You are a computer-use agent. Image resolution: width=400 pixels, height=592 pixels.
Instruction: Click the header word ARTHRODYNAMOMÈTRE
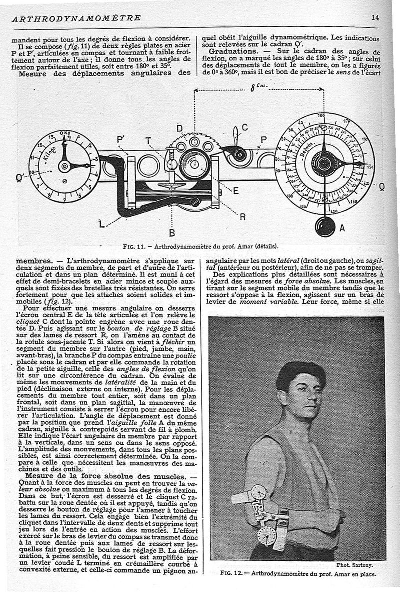(76, 18)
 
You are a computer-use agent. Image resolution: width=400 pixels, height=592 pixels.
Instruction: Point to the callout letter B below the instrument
(171, 233)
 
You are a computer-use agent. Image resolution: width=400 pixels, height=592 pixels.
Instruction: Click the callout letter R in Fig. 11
(242, 216)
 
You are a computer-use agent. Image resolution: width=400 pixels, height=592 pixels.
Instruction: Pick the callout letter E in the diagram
(235, 191)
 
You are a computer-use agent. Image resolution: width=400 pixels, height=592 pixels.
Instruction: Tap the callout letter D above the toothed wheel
(179, 127)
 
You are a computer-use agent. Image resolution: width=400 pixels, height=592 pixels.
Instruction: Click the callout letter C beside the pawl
(245, 128)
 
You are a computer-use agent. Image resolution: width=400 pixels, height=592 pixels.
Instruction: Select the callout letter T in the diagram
(148, 140)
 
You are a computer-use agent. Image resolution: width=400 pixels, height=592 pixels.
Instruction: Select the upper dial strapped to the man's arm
(258, 492)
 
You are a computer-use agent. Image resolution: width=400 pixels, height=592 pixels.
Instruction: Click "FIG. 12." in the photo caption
(231, 574)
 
